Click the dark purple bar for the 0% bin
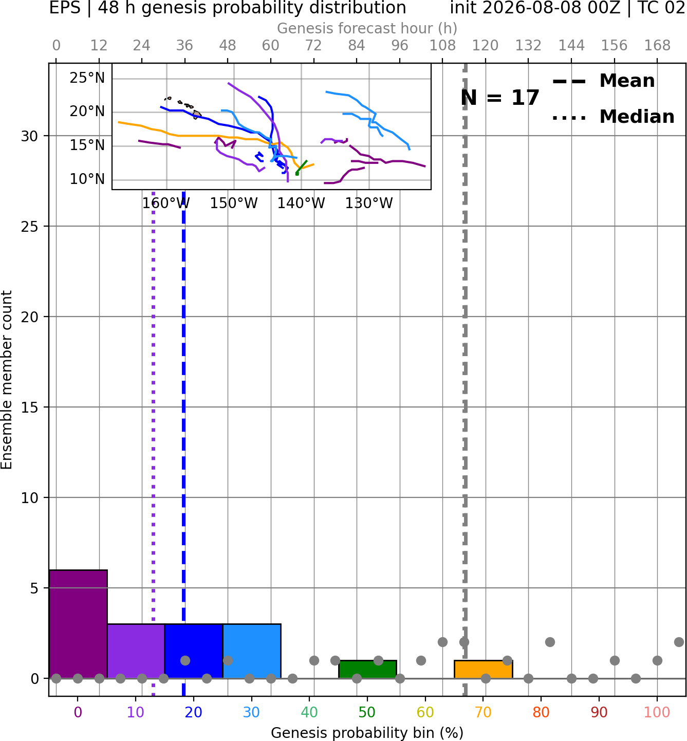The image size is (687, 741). click(x=78, y=624)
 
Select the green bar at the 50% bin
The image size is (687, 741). click(x=367, y=670)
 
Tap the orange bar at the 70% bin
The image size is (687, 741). click(x=484, y=670)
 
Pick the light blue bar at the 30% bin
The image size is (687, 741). click(x=252, y=651)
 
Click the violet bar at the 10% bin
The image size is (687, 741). click(x=136, y=651)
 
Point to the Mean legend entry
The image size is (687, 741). click(x=603, y=81)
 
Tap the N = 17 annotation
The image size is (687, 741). click(x=499, y=98)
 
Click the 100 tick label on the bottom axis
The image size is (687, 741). click(x=657, y=712)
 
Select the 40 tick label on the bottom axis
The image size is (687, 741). click(x=309, y=712)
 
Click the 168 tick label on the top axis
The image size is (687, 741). click(x=658, y=46)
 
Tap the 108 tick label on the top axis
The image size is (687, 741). click(x=442, y=46)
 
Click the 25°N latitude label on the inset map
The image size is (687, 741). click(x=87, y=78)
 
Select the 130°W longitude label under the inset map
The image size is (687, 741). click(x=369, y=203)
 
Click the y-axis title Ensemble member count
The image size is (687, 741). click(x=7, y=380)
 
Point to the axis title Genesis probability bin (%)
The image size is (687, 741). click(x=367, y=733)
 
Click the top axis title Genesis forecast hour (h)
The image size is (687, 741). click(x=367, y=28)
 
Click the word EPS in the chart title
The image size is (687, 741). click(x=65, y=8)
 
